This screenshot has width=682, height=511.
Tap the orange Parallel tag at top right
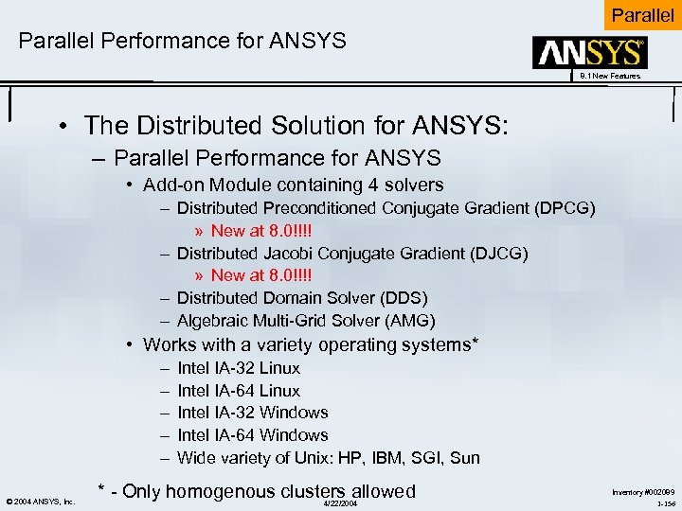[643, 15]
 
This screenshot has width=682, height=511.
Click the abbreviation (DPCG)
[566, 208]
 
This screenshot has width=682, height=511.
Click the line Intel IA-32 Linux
[239, 368]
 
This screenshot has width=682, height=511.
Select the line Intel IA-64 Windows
[253, 435]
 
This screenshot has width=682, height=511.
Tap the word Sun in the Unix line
[465, 458]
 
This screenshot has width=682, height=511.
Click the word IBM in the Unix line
[388, 458]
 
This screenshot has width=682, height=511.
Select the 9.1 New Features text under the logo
[611, 76]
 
